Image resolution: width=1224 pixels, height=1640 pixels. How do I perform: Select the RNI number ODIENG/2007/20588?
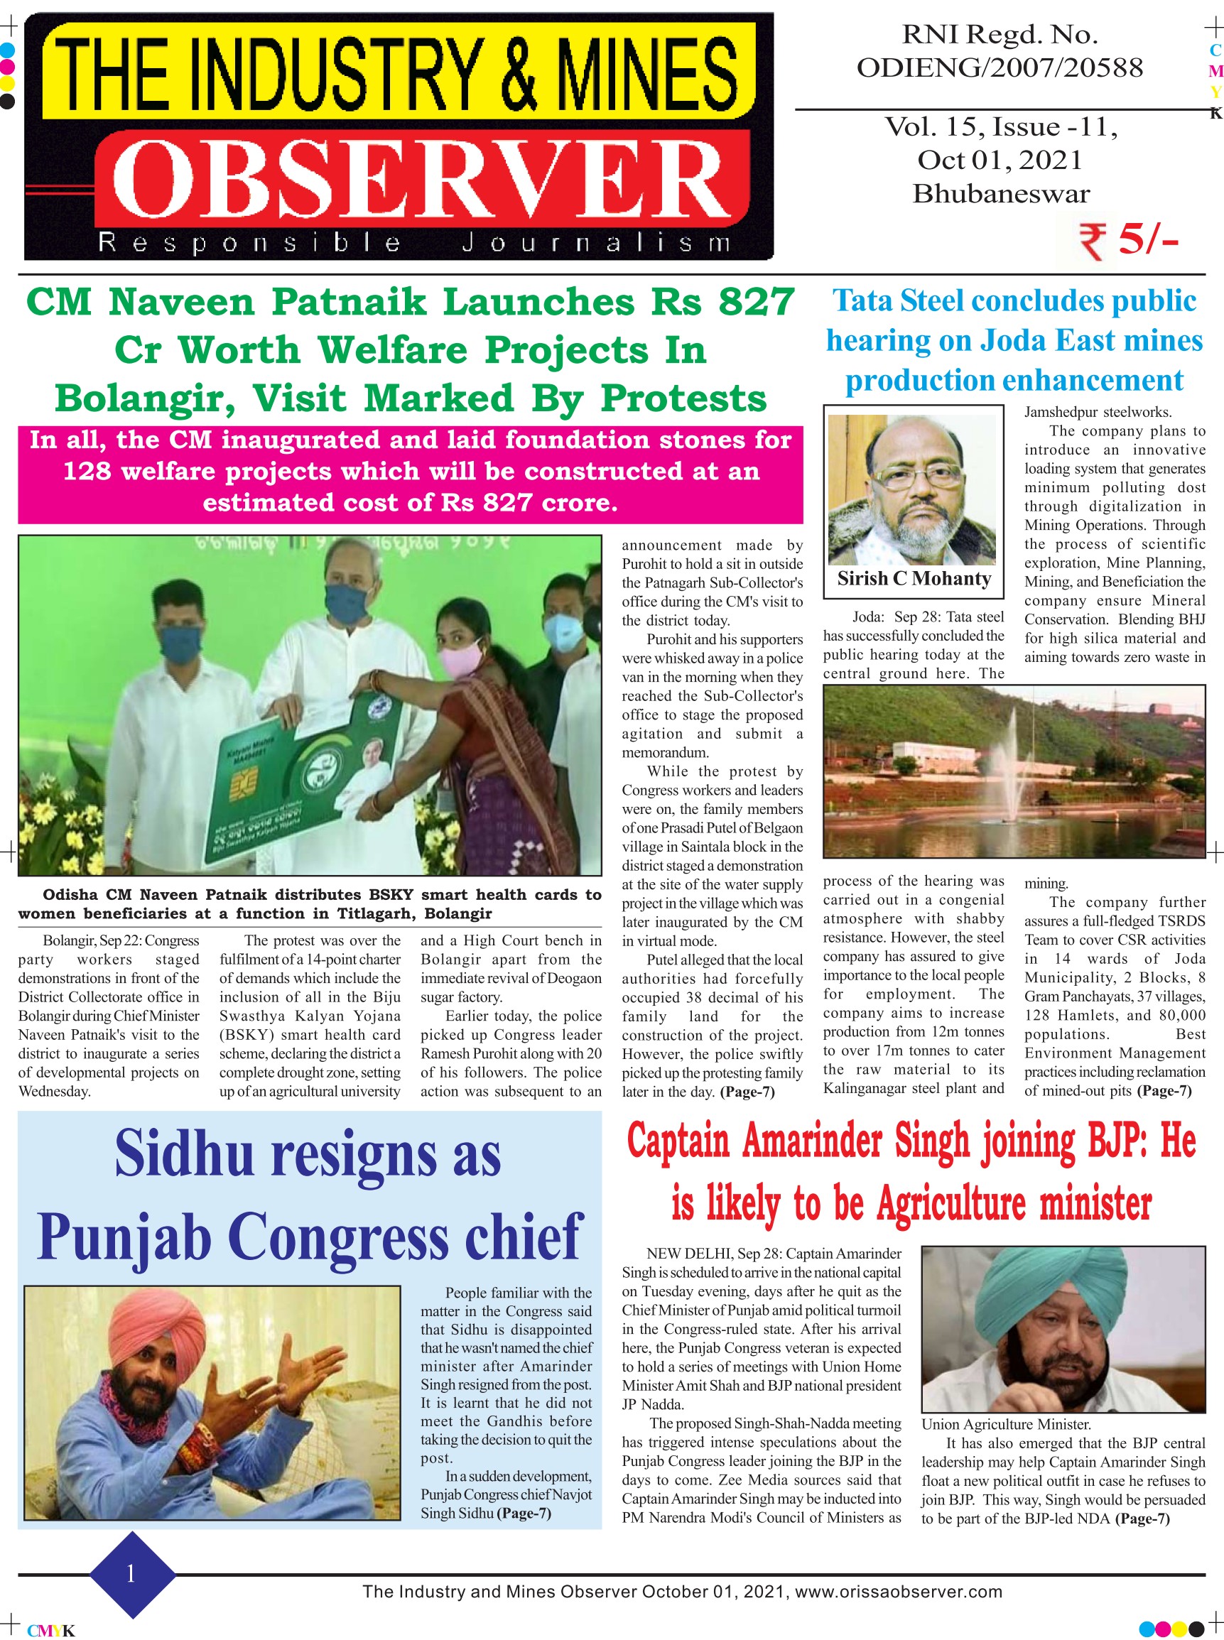(x=1000, y=68)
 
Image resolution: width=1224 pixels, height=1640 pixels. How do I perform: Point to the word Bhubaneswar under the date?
(x=1001, y=194)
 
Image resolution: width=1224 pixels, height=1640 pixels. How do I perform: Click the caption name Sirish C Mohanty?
(x=914, y=579)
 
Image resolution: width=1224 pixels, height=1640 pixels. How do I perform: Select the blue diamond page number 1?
(x=132, y=1573)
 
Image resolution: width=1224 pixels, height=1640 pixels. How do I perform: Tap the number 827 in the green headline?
(x=756, y=303)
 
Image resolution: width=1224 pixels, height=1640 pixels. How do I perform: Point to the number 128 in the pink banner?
(x=87, y=471)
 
